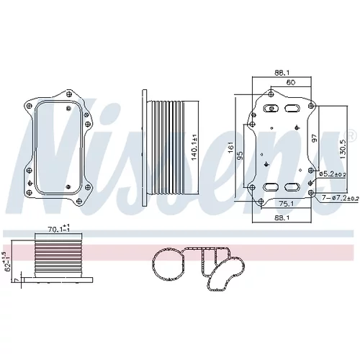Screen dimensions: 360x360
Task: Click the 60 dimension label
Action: pos(291,82)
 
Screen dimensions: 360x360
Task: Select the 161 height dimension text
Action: pos(230,148)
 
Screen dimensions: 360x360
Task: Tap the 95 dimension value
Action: pos(240,156)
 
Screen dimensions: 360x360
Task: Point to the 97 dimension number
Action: pos(315,138)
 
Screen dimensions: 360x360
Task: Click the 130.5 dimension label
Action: pos(343,149)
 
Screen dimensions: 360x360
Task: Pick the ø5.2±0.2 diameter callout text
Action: pos(333,174)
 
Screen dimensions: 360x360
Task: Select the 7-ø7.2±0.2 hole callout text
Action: pos(341,198)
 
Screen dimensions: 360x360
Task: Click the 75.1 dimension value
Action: pos(287,204)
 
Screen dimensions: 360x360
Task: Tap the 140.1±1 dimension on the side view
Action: pos(194,147)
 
